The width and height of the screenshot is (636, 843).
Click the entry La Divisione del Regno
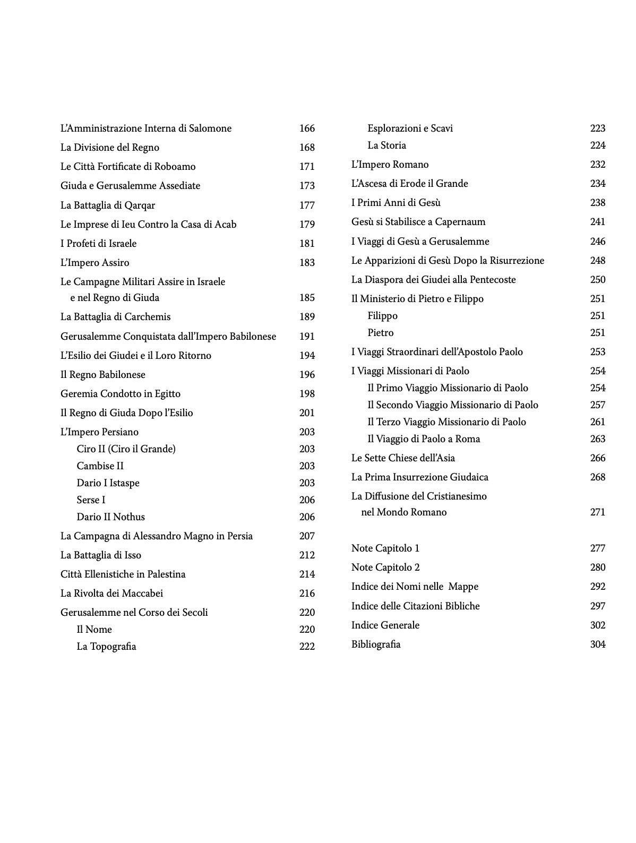[110, 148]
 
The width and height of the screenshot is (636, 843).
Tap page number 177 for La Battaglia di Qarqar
[307, 205]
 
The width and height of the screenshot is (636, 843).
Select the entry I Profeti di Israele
[99, 244]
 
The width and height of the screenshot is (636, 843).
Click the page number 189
[307, 317]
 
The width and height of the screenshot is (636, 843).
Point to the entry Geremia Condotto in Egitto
[121, 394]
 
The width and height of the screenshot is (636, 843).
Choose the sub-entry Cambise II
[100, 466]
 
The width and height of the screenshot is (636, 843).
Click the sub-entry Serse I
[91, 500]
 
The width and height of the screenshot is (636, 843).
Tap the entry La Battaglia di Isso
[101, 555]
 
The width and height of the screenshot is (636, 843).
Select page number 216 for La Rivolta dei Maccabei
[307, 593]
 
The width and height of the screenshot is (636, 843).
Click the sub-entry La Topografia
[106, 647]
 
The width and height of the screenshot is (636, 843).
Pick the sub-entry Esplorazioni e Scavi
[410, 128]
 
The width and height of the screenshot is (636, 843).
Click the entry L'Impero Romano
[390, 165]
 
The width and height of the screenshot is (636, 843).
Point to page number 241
[597, 222]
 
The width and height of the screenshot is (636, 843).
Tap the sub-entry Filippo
[382, 316]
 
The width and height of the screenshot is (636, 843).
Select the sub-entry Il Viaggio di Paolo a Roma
[424, 439]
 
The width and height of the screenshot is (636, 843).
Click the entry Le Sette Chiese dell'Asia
[403, 458]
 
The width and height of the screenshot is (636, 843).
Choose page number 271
[597, 512]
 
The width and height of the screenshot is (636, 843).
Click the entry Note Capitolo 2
[385, 567]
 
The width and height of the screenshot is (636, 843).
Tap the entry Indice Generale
[385, 625]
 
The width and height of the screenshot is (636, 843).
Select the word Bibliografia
[376, 644]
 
